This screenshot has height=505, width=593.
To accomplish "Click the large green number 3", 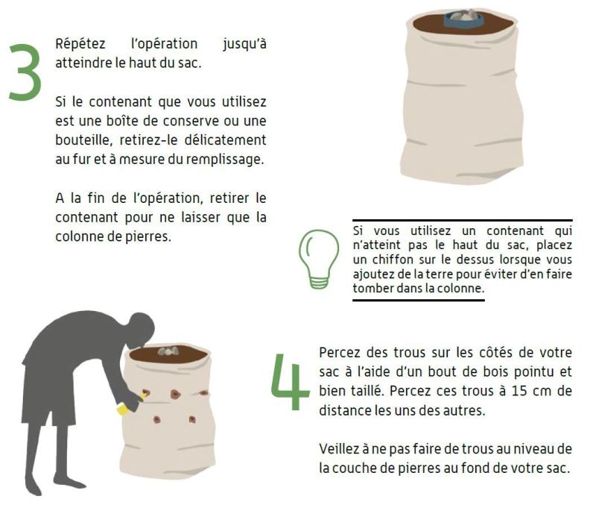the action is click(x=25, y=72).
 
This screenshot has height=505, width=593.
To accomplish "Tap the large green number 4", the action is click(x=291, y=382).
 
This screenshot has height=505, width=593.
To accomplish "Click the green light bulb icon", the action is click(x=318, y=259).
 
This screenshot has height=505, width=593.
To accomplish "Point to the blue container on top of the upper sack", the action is click(x=463, y=19).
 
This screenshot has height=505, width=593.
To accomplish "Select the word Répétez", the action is click(x=80, y=44).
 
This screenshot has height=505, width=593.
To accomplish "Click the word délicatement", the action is click(x=225, y=139).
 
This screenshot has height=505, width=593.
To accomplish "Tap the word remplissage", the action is click(x=225, y=160).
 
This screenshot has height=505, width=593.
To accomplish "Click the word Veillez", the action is click(x=338, y=449).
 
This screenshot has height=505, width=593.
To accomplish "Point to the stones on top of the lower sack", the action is click(x=168, y=351).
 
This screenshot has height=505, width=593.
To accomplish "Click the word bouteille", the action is click(x=84, y=140).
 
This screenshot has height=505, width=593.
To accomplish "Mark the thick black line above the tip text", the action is click(x=463, y=220).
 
